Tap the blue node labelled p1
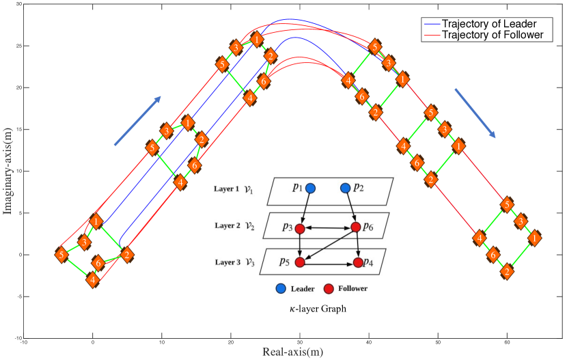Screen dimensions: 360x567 coord(310,188)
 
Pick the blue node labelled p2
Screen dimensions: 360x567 coord(345,188)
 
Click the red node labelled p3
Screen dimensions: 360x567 coord(299,227)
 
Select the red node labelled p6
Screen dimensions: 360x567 coord(355,227)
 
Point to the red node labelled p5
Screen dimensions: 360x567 coord(299,262)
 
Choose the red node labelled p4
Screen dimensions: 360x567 coord(358,262)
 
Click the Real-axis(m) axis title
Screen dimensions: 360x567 coord(293,352)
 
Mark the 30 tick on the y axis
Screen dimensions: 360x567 coord(18,4)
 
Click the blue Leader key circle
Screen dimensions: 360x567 coord(281,289)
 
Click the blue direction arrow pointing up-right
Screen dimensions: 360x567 coord(137,120)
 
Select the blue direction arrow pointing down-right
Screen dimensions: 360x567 coord(475,112)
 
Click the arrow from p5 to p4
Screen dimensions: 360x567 coord(329,262)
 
